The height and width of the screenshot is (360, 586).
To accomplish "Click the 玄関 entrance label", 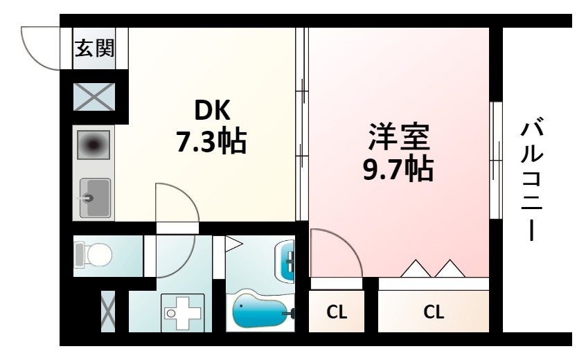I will pyautogui.click(x=95, y=49).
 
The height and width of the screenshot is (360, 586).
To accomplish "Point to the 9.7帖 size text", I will pyautogui.click(x=398, y=168).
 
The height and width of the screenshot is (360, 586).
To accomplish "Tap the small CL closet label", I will pyautogui.click(x=337, y=312).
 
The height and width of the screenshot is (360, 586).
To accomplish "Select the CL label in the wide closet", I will pyautogui.click(x=434, y=312).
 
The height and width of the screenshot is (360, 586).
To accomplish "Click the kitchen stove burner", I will pyautogui.click(x=94, y=145).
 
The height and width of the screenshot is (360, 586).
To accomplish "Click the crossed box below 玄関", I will pyautogui.click(x=94, y=97).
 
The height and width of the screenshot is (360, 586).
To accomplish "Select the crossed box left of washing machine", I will pyautogui.click(x=109, y=312).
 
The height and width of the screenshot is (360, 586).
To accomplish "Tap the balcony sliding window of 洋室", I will pyautogui.click(x=496, y=160).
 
